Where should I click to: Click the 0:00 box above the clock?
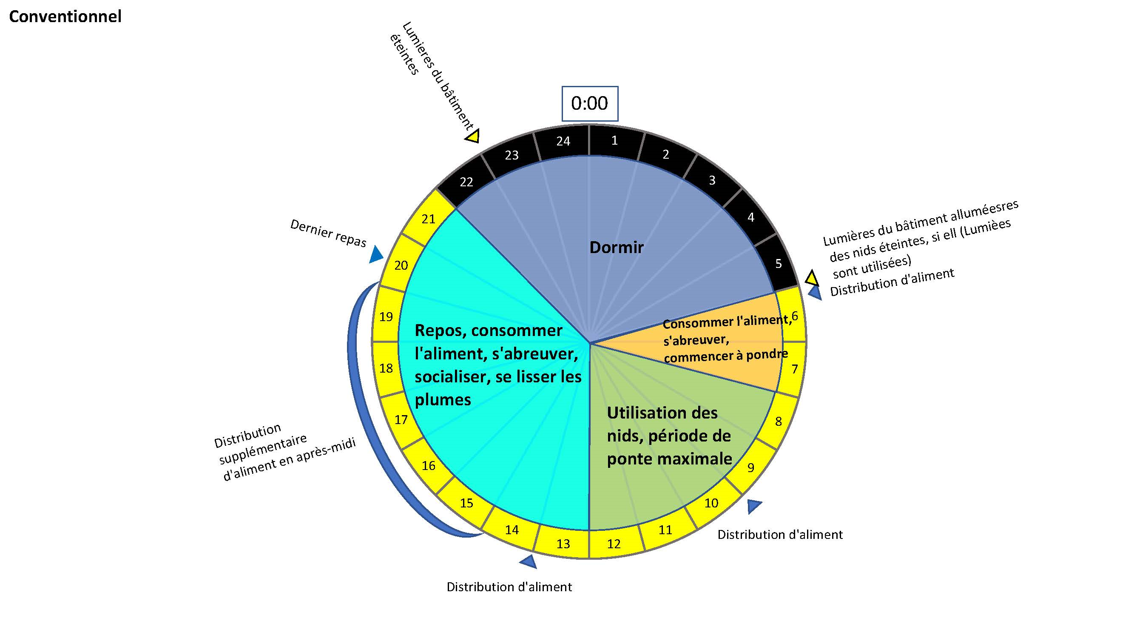(x=589, y=103)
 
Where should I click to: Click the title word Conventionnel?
(x=65, y=17)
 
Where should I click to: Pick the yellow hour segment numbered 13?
(x=563, y=543)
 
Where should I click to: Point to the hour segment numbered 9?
(x=750, y=467)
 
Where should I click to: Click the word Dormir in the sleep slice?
(x=616, y=248)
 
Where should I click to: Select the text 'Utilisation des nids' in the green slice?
(x=662, y=424)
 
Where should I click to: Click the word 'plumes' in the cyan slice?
(x=443, y=400)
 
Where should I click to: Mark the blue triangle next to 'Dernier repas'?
(x=376, y=254)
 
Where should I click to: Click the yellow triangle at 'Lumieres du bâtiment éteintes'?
(x=472, y=136)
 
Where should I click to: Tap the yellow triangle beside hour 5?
(x=811, y=278)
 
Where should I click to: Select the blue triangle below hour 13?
(x=529, y=561)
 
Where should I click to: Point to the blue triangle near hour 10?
(x=754, y=506)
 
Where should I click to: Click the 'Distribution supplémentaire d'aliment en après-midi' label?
(x=285, y=452)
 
